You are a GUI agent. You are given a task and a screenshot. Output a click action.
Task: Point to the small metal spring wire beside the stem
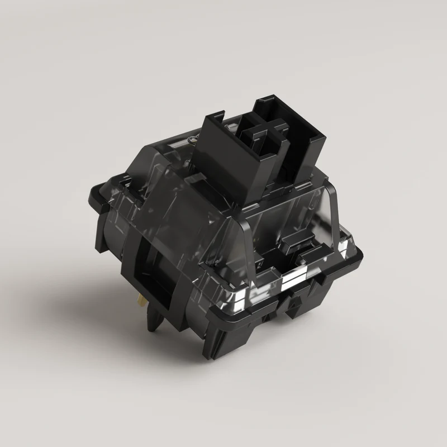coord(193,137)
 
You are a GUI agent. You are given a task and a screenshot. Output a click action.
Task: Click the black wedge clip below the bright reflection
coord(293,302)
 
